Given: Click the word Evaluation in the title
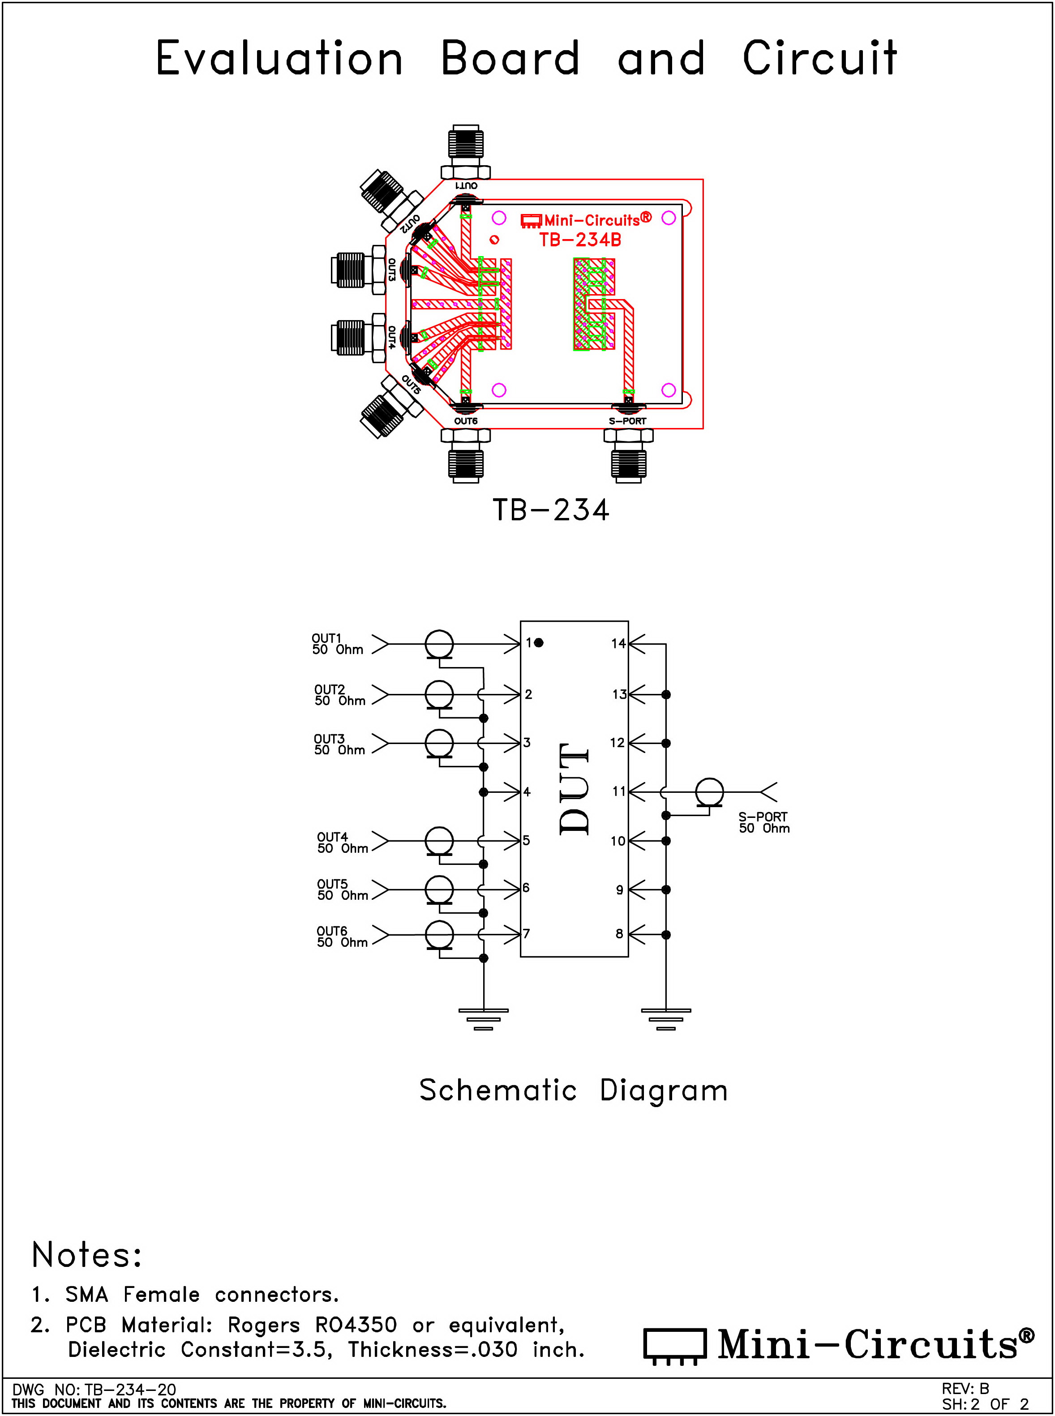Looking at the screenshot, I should pyautogui.click(x=279, y=59).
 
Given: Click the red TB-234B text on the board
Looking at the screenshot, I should pyautogui.click(x=580, y=240).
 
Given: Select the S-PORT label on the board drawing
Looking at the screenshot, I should pyautogui.click(x=627, y=421).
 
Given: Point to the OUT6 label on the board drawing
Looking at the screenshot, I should pyautogui.click(x=466, y=421).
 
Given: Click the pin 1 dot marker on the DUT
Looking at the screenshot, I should pyautogui.click(x=539, y=643).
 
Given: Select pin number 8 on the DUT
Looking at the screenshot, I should pyautogui.click(x=619, y=934).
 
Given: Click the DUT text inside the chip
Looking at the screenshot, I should pyautogui.click(x=574, y=789).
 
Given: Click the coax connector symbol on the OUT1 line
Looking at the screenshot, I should pyautogui.click(x=439, y=644).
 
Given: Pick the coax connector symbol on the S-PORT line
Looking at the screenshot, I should pyautogui.click(x=709, y=792).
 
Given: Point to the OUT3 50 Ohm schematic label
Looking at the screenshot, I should pyautogui.click(x=339, y=744).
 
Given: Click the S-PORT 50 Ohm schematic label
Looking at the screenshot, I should pyautogui.click(x=764, y=822).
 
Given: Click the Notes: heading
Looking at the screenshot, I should pyautogui.click(x=87, y=1255).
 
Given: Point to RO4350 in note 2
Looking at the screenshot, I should pyautogui.click(x=356, y=1325).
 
